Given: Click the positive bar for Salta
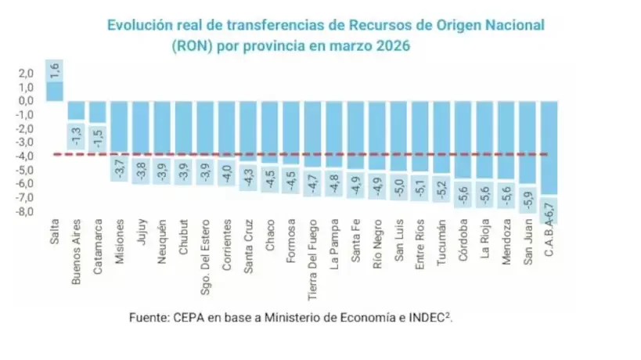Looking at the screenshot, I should (54, 91).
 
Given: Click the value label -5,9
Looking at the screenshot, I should (528, 199).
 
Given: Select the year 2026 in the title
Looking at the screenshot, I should (391, 46).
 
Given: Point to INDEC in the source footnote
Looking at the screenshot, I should (427, 318).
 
